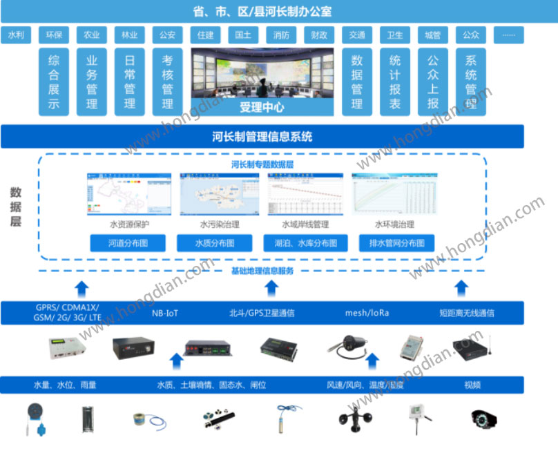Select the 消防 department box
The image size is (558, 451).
click(281, 35)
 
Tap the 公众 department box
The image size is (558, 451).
click(470, 35)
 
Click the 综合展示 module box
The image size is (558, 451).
click(54, 81)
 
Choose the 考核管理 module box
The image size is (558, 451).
click(167, 81)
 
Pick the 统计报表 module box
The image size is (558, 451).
click(394, 81)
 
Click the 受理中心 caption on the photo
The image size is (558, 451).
click(262, 108)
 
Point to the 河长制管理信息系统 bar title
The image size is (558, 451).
click(262, 137)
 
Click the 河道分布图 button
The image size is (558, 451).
click(128, 243)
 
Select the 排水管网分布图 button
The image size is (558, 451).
click(396, 243)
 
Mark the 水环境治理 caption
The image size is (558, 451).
click(394, 224)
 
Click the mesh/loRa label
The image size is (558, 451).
click(367, 313)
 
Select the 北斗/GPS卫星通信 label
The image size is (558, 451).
click(262, 313)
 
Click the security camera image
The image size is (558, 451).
click(484, 419)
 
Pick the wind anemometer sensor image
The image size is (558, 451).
click(354, 419)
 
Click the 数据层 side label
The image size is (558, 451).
click(16, 207)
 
